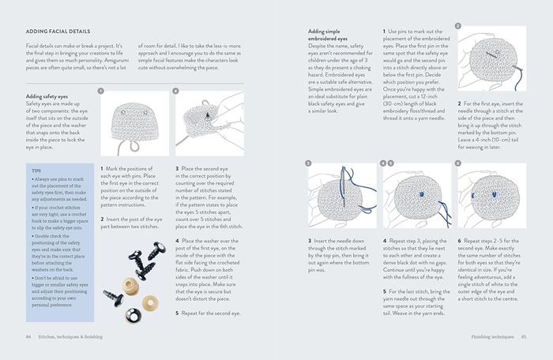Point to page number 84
[x=29, y=336]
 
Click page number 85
[x=523, y=336]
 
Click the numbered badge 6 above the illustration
[x=459, y=163]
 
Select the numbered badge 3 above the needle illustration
[x=310, y=163]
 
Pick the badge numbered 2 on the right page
[x=459, y=26]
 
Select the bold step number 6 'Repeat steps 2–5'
[x=459, y=238]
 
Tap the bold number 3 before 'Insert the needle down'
[x=309, y=238]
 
